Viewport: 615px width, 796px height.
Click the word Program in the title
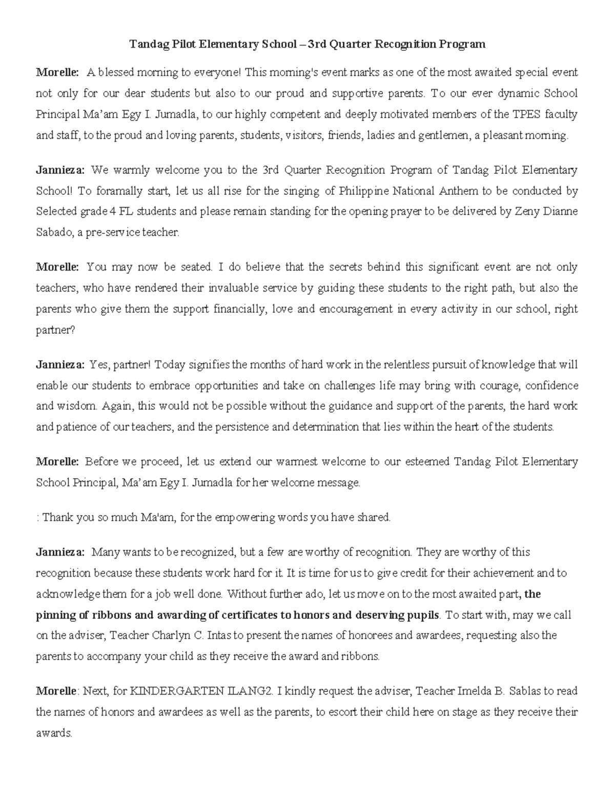click(x=461, y=45)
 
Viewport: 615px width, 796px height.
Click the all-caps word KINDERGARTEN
click(x=176, y=691)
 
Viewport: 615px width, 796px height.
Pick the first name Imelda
click(x=473, y=691)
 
